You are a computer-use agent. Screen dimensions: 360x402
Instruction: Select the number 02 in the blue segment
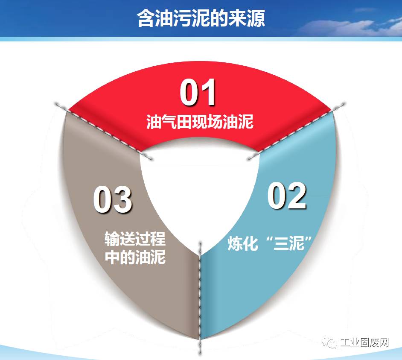pyautogui.click(x=287, y=196)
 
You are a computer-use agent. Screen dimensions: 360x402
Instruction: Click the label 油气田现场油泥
pyautogui.click(x=200, y=122)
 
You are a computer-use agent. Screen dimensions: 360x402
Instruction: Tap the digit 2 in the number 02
pyautogui.click(x=297, y=196)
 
